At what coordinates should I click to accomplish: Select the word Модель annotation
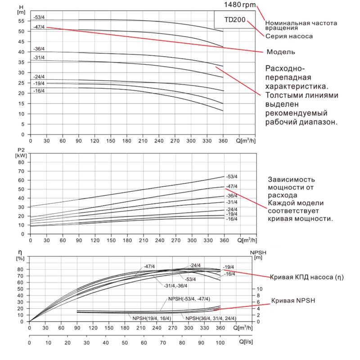(x=281, y=52)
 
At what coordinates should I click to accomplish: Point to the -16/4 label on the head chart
(x=39, y=91)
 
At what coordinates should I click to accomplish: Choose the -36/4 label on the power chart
(x=232, y=196)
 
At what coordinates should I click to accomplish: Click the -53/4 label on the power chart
(x=232, y=176)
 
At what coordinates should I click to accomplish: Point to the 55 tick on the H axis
(x=21, y=21)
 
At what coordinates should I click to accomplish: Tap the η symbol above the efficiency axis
(x=19, y=252)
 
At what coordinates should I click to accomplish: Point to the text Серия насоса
(x=289, y=36)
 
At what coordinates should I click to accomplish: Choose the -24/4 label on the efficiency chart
(x=195, y=265)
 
